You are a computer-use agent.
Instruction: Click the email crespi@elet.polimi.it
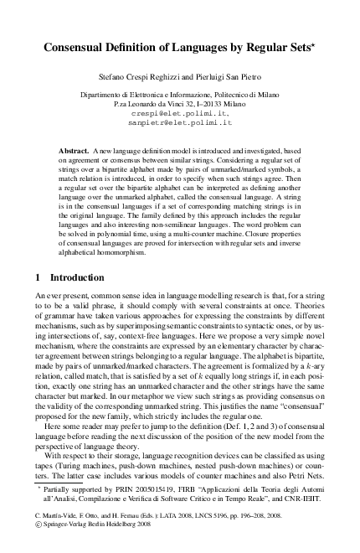click(180, 112)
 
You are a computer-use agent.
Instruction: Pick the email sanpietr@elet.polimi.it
click(180, 122)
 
